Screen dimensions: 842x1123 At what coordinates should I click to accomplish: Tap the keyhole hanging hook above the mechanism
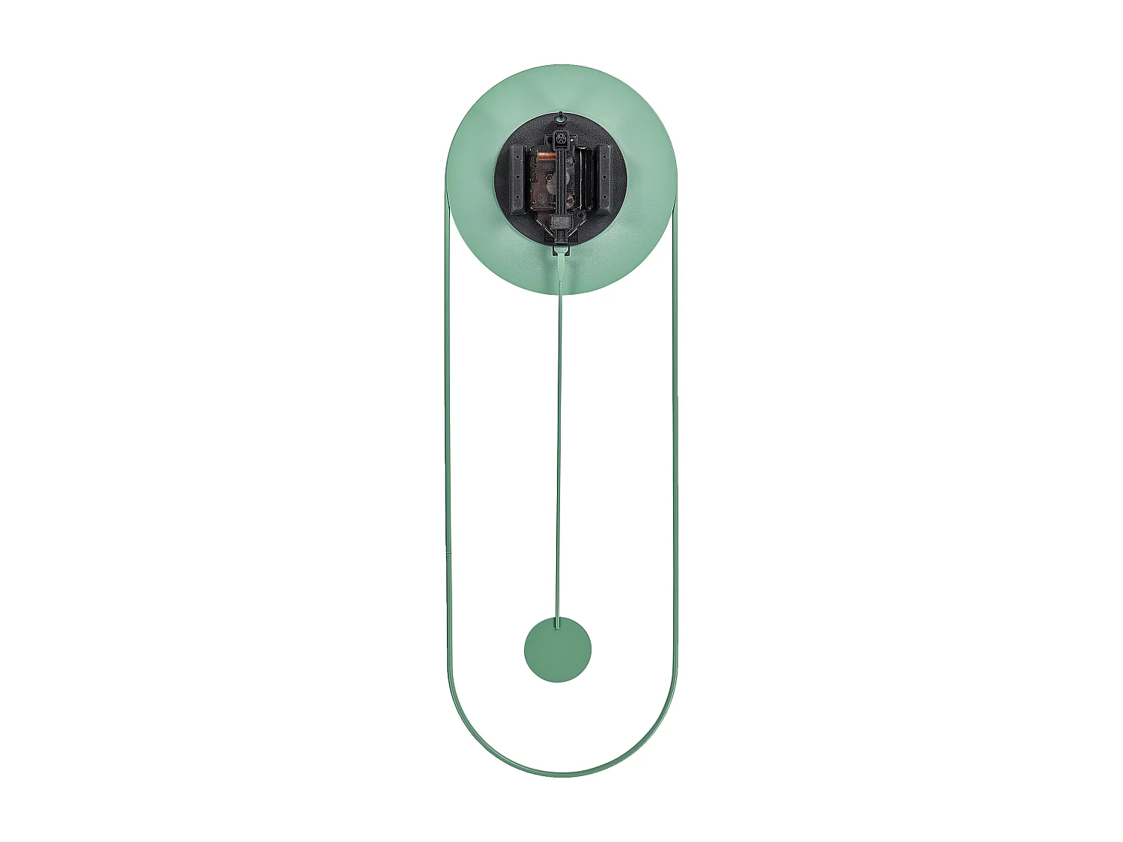tap(560, 117)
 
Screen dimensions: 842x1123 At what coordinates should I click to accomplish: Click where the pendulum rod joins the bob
tap(557, 622)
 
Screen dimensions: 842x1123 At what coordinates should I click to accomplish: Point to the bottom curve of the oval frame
tap(561, 774)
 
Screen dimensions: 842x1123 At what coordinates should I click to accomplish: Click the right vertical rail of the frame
tap(675, 449)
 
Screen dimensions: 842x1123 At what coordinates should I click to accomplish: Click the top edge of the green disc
tap(561, 67)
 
